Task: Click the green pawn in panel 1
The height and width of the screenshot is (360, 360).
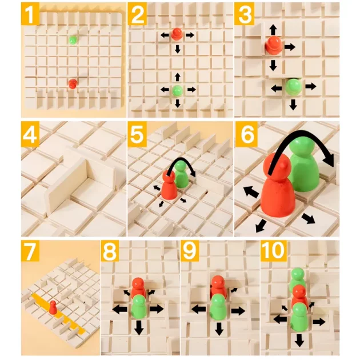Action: point(73,40)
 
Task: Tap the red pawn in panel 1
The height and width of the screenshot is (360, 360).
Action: point(73,83)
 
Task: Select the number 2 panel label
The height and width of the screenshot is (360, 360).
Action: point(138,14)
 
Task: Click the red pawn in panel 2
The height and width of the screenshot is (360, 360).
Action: point(177,34)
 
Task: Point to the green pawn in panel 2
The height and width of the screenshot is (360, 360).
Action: point(178,90)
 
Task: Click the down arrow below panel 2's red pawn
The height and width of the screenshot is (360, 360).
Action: point(177,49)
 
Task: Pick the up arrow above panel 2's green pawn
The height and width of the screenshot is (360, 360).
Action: point(177,77)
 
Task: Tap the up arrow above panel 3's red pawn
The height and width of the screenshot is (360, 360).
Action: point(273,30)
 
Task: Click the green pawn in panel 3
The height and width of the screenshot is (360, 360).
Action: point(294,86)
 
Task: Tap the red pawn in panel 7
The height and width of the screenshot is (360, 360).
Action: point(53,307)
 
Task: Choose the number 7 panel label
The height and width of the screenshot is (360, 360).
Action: point(30,251)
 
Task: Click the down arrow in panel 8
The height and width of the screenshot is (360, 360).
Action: point(139,327)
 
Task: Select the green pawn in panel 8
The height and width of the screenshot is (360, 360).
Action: point(139,307)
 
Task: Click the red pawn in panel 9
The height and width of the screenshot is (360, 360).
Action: point(218,287)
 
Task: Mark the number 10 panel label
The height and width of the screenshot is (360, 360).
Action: point(274,250)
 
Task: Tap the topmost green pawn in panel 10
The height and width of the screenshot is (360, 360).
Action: point(298,279)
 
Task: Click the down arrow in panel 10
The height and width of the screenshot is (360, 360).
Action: point(299,340)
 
